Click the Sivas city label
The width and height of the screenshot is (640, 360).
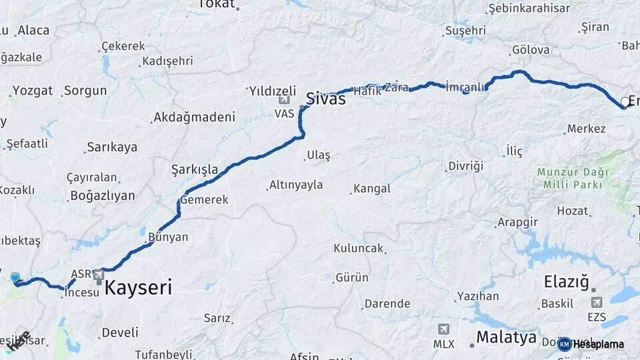coord(326,99)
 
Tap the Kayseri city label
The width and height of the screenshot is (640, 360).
coord(138,288)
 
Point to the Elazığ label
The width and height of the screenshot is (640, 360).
coord(567,283)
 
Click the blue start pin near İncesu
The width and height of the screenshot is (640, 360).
coord(15,278)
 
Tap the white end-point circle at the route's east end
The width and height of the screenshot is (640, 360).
coord(625,102)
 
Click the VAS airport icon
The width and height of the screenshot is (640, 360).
coord(285,100)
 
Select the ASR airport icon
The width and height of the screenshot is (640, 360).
coord(99,274)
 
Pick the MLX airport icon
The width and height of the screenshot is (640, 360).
coord(443,329)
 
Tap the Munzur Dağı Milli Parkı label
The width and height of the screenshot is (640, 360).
coord(570,178)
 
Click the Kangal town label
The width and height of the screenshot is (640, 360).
coord(372,189)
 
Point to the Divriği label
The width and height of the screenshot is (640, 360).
coord(465,166)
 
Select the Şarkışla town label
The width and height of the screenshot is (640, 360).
coord(195,169)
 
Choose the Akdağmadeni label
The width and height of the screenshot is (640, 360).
coord(194,117)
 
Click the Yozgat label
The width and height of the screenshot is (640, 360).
coord(32,90)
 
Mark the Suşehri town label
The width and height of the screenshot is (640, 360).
coord(465,31)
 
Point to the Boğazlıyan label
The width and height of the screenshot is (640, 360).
coord(101,196)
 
